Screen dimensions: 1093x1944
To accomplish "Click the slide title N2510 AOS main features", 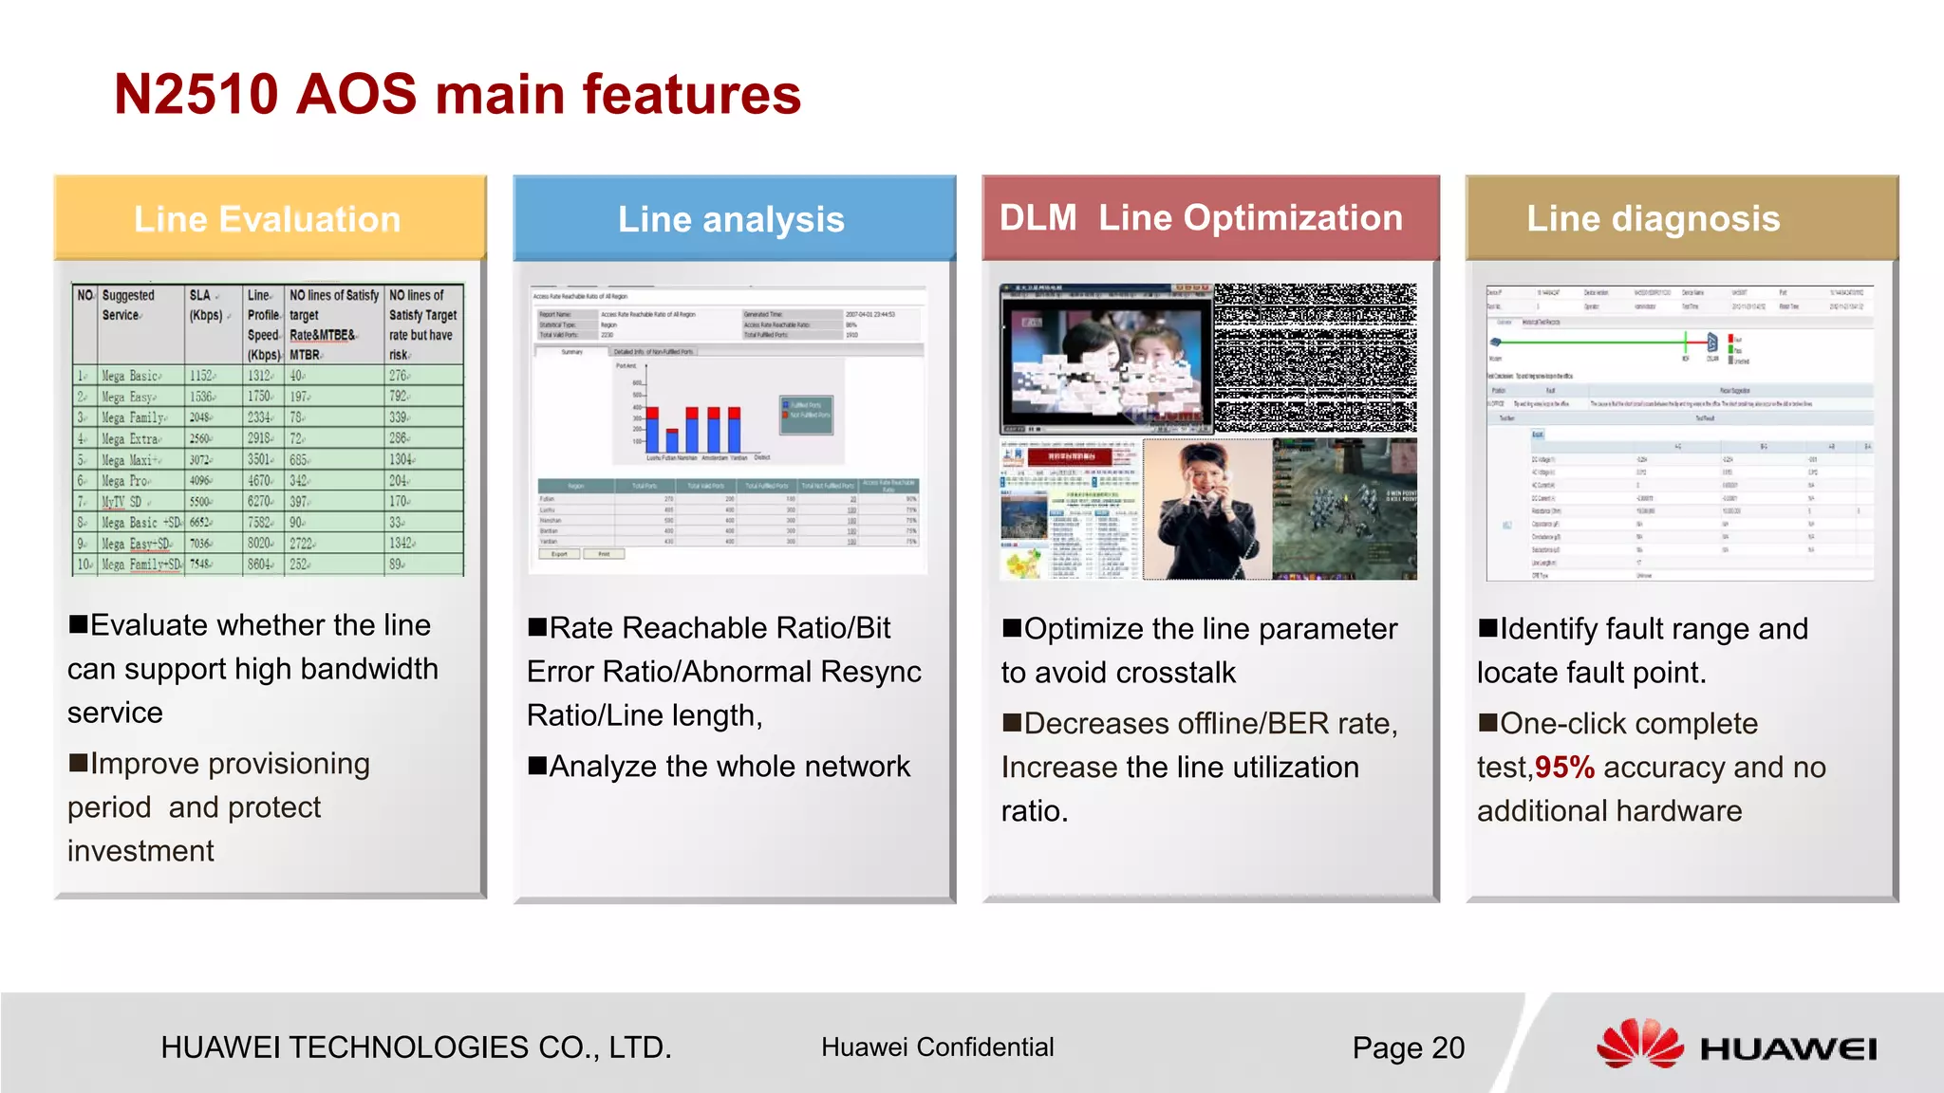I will (x=457, y=95).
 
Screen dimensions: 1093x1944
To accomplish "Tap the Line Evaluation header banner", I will (x=269, y=218).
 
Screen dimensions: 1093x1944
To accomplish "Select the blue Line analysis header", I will (x=733, y=218).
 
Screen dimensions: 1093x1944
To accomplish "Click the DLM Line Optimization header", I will (x=1202, y=217).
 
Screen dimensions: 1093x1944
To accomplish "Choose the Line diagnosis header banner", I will (x=1654, y=218).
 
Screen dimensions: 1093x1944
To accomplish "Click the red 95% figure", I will (x=1564, y=767).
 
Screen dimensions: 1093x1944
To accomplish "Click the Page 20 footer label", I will (x=1408, y=1047).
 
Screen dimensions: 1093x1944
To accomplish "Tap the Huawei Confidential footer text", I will (x=937, y=1047).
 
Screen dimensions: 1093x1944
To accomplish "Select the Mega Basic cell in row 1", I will (x=131, y=376).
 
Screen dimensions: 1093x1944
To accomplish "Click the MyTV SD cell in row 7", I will (x=123, y=501).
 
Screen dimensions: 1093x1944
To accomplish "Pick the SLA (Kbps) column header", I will (x=207, y=306).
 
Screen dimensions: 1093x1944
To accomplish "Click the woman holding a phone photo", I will (x=1206, y=509).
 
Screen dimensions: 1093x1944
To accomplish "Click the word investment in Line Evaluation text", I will (x=140, y=851).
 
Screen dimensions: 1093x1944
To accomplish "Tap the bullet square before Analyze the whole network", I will (x=537, y=765).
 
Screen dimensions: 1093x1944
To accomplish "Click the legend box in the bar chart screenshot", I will (x=806, y=415).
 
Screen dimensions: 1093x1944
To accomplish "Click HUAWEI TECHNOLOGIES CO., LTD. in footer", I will (x=416, y=1047).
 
